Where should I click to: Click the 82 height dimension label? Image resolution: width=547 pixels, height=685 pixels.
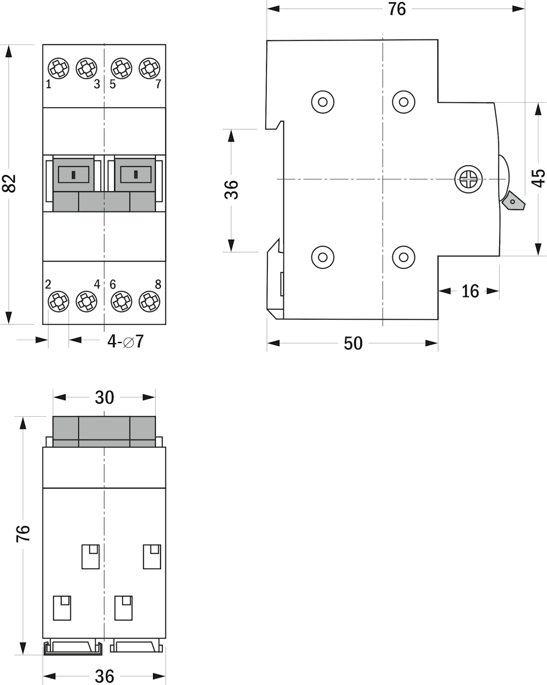pos(10,183)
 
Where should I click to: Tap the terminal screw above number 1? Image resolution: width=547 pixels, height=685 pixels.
pos(58,68)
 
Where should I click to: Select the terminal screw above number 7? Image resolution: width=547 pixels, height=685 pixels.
pos(150,68)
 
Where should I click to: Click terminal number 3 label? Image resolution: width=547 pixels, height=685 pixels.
pos(97,84)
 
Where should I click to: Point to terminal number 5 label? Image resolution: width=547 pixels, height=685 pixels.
pos(112,84)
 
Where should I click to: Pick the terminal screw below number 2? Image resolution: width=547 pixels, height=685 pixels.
pos(58,301)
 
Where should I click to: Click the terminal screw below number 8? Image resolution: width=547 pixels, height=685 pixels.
pos(150,301)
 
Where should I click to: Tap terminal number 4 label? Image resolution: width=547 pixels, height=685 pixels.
pos(97,284)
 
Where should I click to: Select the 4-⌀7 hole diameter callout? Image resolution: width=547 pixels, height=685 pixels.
pos(126,342)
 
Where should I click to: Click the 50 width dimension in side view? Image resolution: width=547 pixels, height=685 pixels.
pos(353,344)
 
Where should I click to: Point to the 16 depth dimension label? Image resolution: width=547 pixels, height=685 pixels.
pos(470,291)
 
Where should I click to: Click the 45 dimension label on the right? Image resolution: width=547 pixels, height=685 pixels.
pos(538,178)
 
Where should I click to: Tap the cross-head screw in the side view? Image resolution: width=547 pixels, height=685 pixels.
pos(468,179)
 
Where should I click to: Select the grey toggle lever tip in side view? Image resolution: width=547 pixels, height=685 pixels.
pos(513,201)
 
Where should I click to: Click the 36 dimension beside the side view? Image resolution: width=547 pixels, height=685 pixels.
pos(231,190)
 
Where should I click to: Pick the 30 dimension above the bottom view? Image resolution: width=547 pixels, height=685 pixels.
pos(104,397)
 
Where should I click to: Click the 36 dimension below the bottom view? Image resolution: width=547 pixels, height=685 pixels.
pos(104,676)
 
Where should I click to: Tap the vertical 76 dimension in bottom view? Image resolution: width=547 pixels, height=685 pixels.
pos(23,533)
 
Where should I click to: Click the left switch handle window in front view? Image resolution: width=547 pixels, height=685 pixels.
pos(74,175)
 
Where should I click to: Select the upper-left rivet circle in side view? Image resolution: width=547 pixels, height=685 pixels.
pos(323,102)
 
